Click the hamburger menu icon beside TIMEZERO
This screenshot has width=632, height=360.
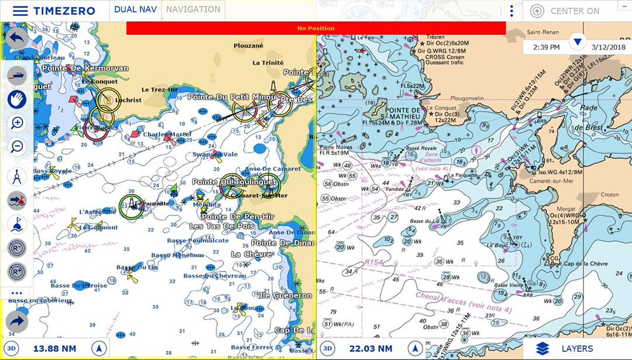(20, 11)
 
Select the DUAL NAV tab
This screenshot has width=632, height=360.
(135, 10)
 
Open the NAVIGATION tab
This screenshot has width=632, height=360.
(193, 10)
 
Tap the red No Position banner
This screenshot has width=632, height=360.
(316, 28)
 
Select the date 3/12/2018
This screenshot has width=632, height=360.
(608, 47)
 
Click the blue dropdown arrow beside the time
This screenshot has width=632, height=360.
(578, 42)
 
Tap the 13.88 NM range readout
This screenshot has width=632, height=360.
(54, 349)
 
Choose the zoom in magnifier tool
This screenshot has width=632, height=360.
(17, 123)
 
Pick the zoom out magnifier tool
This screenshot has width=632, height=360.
(17, 146)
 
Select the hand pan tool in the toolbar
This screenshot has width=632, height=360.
(17, 99)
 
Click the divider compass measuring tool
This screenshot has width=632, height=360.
(17, 176)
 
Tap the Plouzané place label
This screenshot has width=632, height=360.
(248, 46)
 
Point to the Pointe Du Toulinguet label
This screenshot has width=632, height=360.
(234, 182)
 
